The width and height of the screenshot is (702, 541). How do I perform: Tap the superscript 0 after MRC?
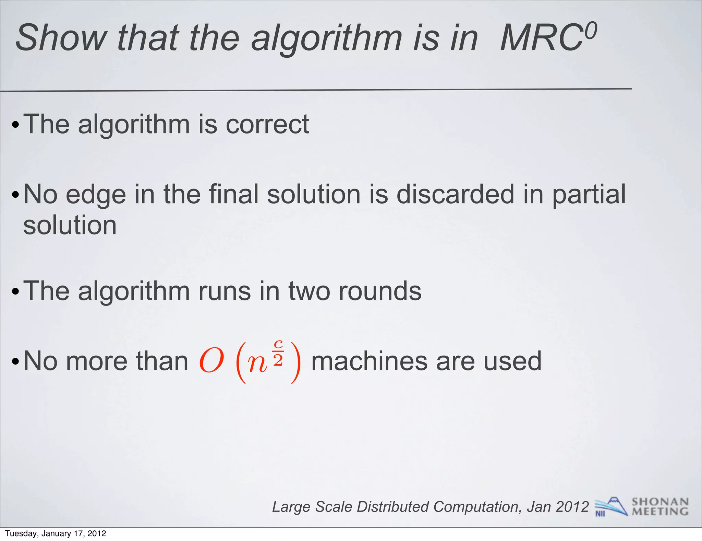click(590, 30)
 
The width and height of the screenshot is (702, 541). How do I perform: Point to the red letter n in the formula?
click(257, 364)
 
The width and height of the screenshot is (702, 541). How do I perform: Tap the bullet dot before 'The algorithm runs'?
click(15, 292)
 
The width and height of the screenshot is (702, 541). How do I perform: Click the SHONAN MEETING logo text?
click(660, 507)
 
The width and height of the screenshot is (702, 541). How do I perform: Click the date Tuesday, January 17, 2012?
click(56, 533)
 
